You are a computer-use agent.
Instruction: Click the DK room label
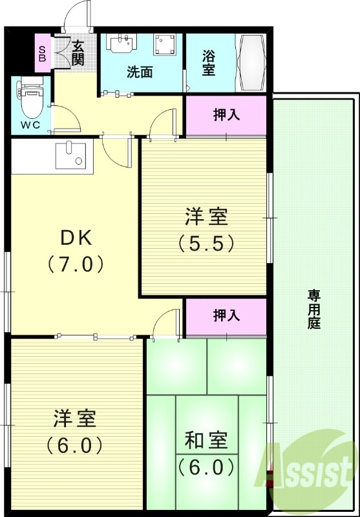tap(76, 238)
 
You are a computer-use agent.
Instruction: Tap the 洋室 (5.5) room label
tap(206, 229)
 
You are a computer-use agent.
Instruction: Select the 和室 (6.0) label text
tap(206, 452)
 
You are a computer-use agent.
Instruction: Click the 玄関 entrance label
tap(78, 53)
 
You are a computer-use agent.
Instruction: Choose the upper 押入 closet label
tap(227, 116)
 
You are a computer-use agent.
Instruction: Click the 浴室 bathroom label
tap(208, 63)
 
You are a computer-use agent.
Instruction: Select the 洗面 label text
tap(139, 72)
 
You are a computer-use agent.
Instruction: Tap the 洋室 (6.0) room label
tap(75, 430)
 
